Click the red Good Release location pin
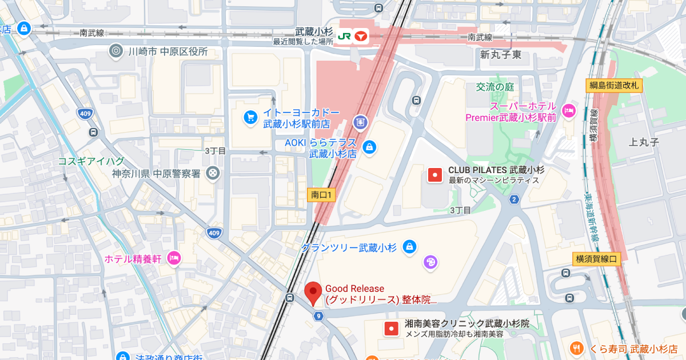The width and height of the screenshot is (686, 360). coord(313,293)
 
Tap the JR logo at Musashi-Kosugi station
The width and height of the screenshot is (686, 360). coord(344,36)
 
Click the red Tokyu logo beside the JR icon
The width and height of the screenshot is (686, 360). coord(361,36)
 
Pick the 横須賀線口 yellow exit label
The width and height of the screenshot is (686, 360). coord(596,259)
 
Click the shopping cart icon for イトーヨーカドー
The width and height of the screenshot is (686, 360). coord(250,117)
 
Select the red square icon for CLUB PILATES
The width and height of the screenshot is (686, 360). coord(435,175)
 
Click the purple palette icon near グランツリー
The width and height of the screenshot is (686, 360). coord(429,262)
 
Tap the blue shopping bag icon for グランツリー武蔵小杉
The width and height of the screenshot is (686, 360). coord(409,247)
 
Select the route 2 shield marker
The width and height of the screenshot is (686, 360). coord(514,199)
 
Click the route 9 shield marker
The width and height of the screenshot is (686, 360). coord(318,315)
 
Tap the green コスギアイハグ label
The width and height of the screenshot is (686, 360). coord(91,161)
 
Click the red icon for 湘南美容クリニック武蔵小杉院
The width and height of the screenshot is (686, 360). coord(391,329)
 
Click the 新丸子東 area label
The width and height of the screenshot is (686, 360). coord(501,55)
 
